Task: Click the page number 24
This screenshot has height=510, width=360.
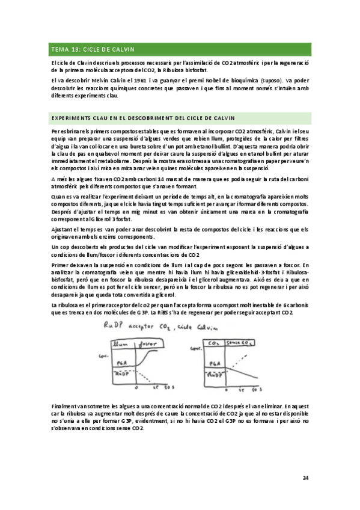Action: (305, 478)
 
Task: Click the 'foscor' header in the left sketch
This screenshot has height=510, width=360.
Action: (148, 343)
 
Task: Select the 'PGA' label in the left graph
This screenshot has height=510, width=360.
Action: (120, 362)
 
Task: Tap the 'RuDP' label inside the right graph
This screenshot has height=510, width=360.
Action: (214, 374)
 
